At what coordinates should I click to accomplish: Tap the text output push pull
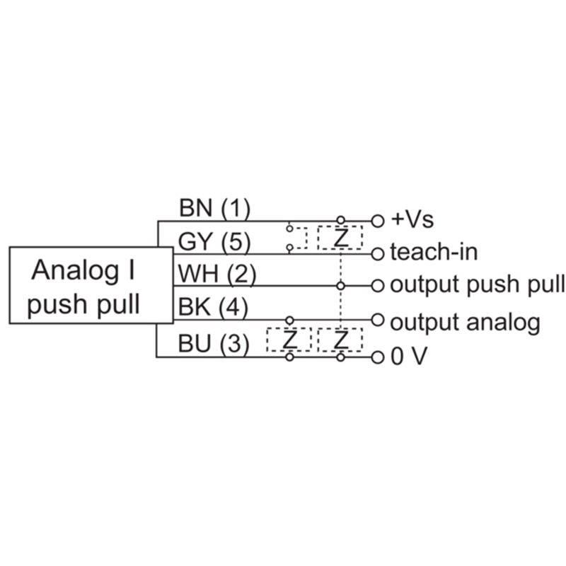coord(478,285)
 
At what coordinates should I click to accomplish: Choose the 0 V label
coord(408,357)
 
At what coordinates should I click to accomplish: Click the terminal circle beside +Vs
coord(378,221)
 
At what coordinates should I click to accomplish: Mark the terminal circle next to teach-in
coord(378,253)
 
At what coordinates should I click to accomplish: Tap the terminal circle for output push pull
coord(378,286)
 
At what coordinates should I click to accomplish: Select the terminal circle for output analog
coord(378,319)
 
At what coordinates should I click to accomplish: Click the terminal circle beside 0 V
coord(378,357)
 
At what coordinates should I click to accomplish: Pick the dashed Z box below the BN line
coord(340,238)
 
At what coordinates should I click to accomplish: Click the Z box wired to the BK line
coord(289,340)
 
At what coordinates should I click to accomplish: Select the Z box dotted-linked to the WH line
coord(340,340)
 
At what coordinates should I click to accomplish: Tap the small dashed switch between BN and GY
coord(297,238)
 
